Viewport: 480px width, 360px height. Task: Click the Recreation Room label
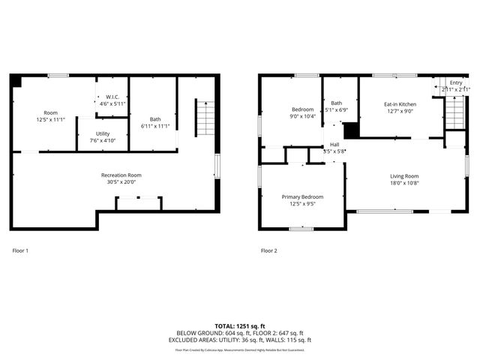pyautogui.click(x=121, y=175)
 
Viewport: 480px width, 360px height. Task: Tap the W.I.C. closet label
pyautogui.click(x=111, y=97)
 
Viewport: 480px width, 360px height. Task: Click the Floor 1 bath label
pyautogui.click(x=154, y=118)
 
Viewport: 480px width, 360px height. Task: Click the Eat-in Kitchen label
pyautogui.click(x=400, y=104)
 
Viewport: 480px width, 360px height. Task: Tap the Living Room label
pyautogui.click(x=404, y=176)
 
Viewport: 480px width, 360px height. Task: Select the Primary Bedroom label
pyautogui.click(x=302, y=196)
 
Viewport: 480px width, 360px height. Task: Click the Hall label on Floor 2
pyautogui.click(x=334, y=145)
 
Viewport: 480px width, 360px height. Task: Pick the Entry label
pyautogui.click(x=455, y=82)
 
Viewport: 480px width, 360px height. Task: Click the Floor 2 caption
pyautogui.click(x=268, y=250)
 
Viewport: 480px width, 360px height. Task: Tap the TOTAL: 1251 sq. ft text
pyautogui.click(x=240, y=326)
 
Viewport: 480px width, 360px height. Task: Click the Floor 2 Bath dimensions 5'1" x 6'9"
pyautogui.click(x=336, y=109)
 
